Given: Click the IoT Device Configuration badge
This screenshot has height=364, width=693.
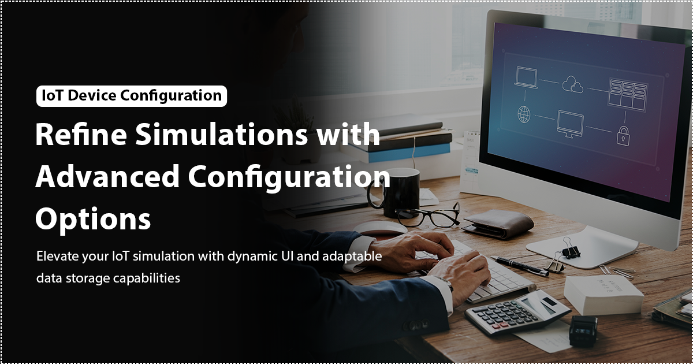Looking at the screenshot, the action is [x=132, y=96].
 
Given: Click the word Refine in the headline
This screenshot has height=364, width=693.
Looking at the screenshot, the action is [x=81, y=134].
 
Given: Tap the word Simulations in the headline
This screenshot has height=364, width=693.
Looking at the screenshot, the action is [x=221, y=134].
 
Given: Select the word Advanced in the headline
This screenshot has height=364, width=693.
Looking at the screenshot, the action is [x=107, y=176].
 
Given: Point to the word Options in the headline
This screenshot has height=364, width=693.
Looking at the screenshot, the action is [x=93, y=219].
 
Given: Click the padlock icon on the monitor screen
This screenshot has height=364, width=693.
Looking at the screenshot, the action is [x=623, y=136].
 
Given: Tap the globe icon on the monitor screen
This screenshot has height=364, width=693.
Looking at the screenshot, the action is [x=524, y=114].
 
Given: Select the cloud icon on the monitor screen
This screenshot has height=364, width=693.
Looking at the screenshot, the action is [x=572, y=84].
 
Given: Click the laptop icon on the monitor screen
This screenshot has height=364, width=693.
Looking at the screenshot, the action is [x=526, y=77].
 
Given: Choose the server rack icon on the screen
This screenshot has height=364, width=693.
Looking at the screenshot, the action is [x=628, y=95].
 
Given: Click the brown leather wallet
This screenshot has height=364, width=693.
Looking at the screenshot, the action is [x=497, y=224].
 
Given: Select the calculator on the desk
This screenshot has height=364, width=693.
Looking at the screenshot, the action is [x=517, y=313].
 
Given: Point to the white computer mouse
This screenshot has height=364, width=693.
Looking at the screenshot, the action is [x=380, y=228].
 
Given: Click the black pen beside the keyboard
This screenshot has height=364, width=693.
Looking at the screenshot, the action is [x=519, y=266].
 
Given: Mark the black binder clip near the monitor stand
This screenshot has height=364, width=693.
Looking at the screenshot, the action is [x=569, y=249].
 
